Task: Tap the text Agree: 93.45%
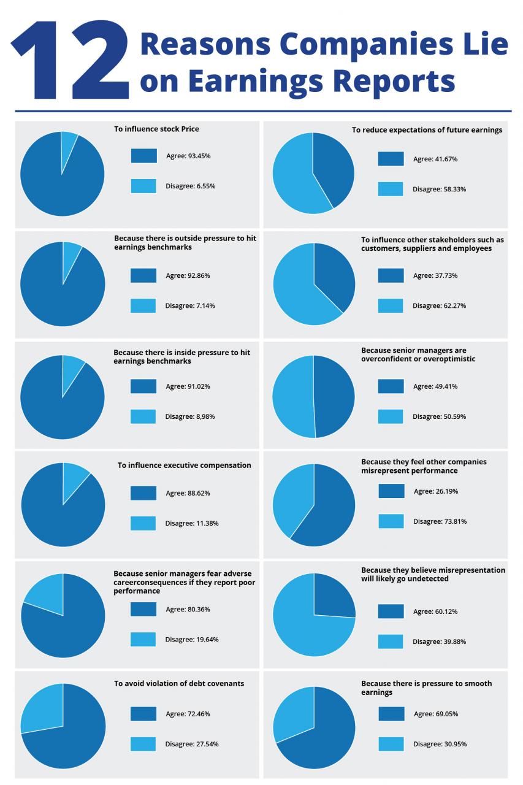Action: [x=188, y=156]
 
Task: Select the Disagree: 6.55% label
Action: [x=190, y=186]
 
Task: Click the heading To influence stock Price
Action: [x=156, y=129]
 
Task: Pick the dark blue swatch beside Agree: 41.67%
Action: [x=391, y=159]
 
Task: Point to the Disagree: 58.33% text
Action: [x=439, y=189]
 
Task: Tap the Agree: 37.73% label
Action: [x=435, y=275]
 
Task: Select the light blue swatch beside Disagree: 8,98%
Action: [x=143, y=416]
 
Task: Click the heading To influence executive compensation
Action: [x=184, y=465]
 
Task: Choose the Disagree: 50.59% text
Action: [x=439, y=416]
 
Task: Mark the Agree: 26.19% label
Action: [x=436, y=491]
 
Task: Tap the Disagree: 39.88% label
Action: [x=439, y=641]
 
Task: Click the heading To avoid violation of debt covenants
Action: [x=179, y=683]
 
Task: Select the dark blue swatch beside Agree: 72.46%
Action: [x=143, y=714]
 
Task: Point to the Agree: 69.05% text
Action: [x=436, y=714]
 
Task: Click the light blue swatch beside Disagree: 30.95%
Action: [x=391, y=744]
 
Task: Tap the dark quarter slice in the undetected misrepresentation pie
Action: [x=332, y=597]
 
